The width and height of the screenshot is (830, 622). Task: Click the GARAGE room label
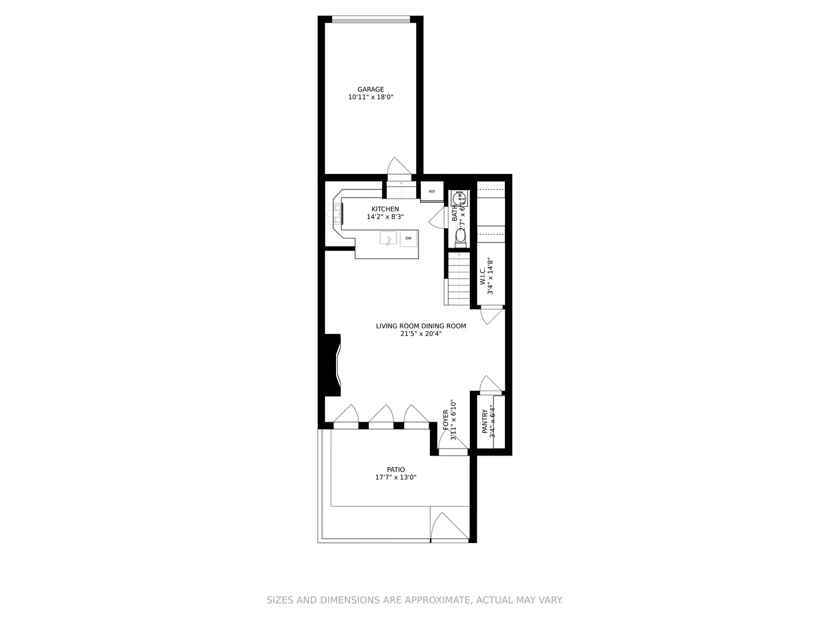tap(371, 89)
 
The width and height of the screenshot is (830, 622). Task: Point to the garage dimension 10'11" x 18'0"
tap(371, 97)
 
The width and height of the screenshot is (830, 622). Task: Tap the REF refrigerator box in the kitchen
tap(432, 191)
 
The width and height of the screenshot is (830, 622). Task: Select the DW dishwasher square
tap(409, 238)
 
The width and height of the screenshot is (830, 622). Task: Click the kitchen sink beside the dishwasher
tap(389, 238)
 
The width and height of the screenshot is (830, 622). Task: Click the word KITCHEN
tap(385, 209)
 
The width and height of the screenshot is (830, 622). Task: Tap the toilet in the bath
tap(461, 236)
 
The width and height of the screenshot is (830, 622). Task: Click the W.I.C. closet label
tap(482, 276)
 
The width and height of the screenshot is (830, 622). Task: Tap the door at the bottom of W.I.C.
tap(491, 316)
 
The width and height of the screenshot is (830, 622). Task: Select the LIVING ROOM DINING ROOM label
tap(421, 326)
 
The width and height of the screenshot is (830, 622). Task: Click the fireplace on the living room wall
tap(333, 366)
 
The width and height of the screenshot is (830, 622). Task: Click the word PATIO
tap(395, 469)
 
